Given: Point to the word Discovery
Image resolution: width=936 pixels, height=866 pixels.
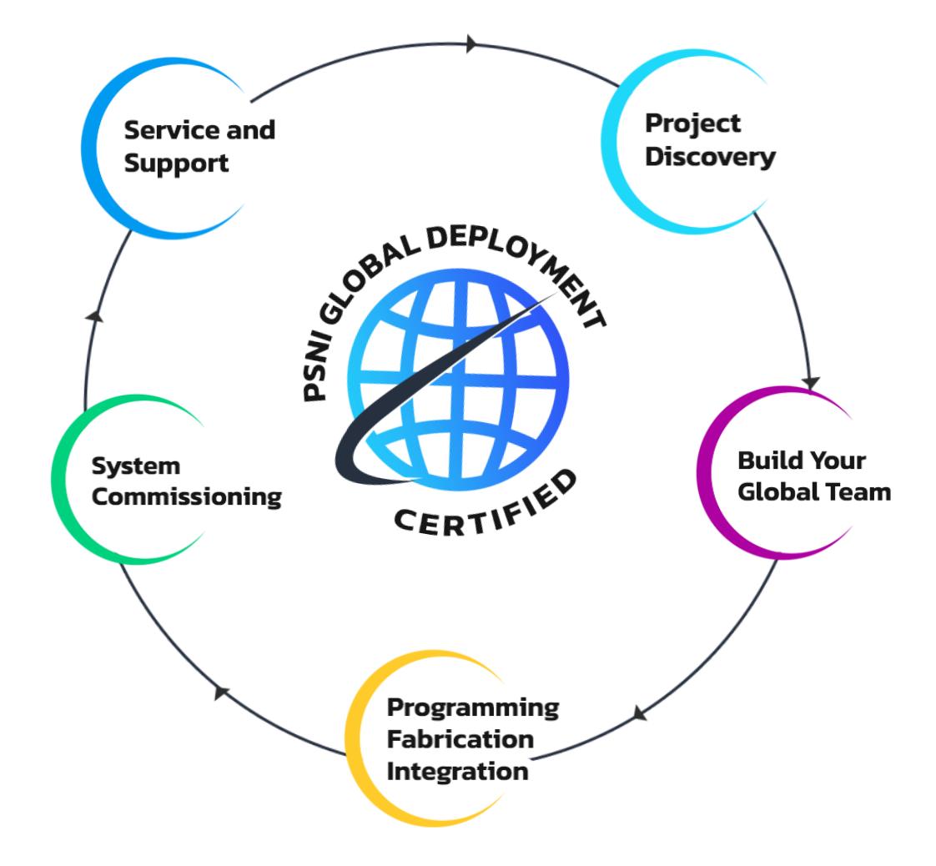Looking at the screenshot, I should (x=710, y=156).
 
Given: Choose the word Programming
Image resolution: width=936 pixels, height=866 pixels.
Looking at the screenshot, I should (x=473, y=707).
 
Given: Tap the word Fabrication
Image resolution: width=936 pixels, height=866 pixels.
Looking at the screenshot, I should (x=460, y=739).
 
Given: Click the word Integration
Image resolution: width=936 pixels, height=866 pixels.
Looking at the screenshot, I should (x=457, y=771).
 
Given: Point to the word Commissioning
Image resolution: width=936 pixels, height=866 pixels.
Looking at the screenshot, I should (x=187, y=497).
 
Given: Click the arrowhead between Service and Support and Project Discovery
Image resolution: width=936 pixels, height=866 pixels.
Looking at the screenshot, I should (x=472, y=43).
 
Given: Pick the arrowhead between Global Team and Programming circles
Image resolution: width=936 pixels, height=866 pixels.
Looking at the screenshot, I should (x=639, y=712).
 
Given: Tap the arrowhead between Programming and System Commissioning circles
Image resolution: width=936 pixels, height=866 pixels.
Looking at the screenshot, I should (x=221, y=692).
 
